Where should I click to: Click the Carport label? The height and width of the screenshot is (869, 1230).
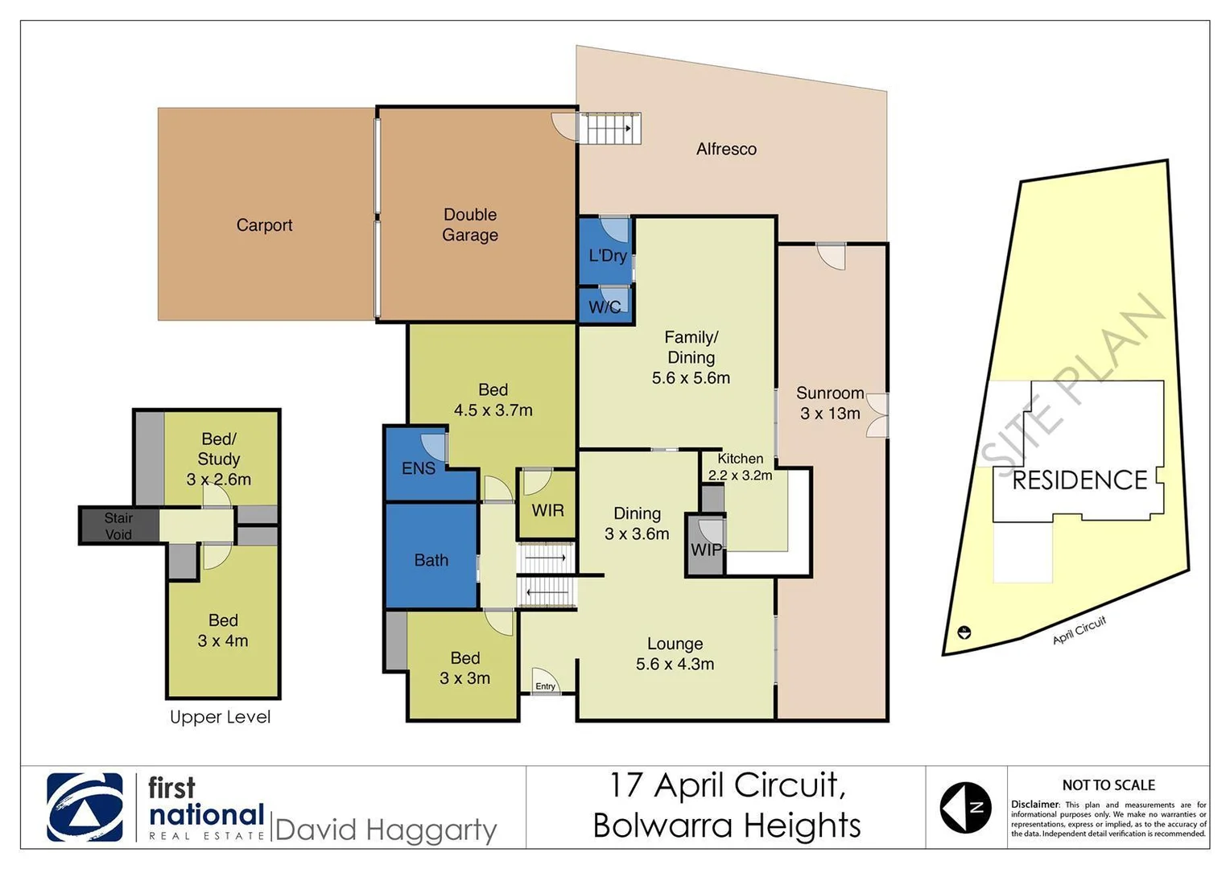pos(264,225)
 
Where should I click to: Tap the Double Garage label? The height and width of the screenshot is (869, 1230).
pos(470,224)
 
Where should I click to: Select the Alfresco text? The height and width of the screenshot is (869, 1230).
pos(726,149)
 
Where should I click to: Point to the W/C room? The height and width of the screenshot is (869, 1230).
pos(605,307)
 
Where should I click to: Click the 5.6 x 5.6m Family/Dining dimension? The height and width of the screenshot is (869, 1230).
pos(691,378)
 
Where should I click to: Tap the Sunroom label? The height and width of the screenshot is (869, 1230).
pos(830,393)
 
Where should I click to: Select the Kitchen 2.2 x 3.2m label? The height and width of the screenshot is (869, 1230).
pos(740,467)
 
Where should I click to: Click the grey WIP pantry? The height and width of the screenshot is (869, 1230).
pos(705,549)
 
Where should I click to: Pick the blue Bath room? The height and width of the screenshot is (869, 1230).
pos(431,560)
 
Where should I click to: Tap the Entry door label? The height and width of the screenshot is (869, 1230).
pos(545,686)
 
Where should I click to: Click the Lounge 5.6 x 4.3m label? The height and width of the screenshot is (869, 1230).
pos(675,653)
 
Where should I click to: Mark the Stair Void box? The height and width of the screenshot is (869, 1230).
pos(118,525)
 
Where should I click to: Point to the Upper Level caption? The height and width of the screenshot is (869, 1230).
pos(220,717)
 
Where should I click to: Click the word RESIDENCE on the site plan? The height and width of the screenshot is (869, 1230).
pos(1079,480)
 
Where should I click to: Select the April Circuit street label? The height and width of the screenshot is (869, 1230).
pos(1079,630)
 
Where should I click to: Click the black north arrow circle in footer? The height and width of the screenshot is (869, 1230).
pos(965,807)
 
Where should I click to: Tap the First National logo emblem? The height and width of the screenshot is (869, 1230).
pos(85,807)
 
